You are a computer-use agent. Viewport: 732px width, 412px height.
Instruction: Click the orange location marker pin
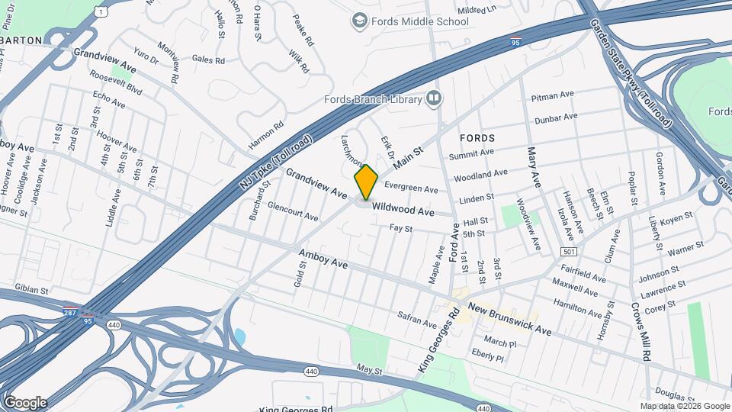pyautogui.click(x=367, y=182)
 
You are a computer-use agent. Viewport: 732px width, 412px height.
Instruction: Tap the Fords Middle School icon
pyautogui.click(x=359, y=21)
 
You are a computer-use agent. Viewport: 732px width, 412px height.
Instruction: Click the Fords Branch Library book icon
pyautogui.click(x=434, y=98)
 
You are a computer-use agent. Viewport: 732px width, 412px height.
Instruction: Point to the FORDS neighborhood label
pyautogui.click(x=478, y=138)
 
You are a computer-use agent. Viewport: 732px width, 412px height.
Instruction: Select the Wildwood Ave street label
pyautogui.click(x=403, y=209)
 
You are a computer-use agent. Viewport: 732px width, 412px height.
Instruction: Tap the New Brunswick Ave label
pyautogui.click(x=509, y=319)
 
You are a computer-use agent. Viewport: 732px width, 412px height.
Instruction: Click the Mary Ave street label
pyautogui.click(x=533, y=169)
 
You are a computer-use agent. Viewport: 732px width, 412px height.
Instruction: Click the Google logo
pyautogui.click(x=25, y=402)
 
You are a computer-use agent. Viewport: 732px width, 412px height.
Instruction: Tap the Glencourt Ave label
pyautogui.click(x=293, y=211)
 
